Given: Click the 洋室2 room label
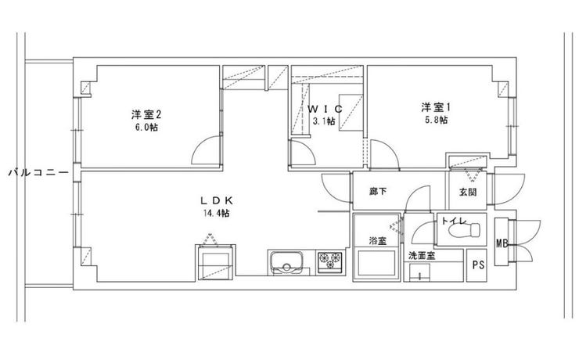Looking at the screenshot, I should tap(142, 114).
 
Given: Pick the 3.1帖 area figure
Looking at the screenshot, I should tap(324, 121).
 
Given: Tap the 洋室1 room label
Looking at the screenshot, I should tap(434, 107).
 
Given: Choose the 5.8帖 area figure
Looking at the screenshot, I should tap(435, 120).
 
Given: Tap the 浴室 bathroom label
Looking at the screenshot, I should tap(377, 241).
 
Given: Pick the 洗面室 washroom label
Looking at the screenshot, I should tap(422, 256).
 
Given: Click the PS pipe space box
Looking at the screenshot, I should tap(477, 264).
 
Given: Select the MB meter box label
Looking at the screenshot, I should tap(502, 243).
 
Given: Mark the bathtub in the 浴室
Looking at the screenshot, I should tap(376, 262).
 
